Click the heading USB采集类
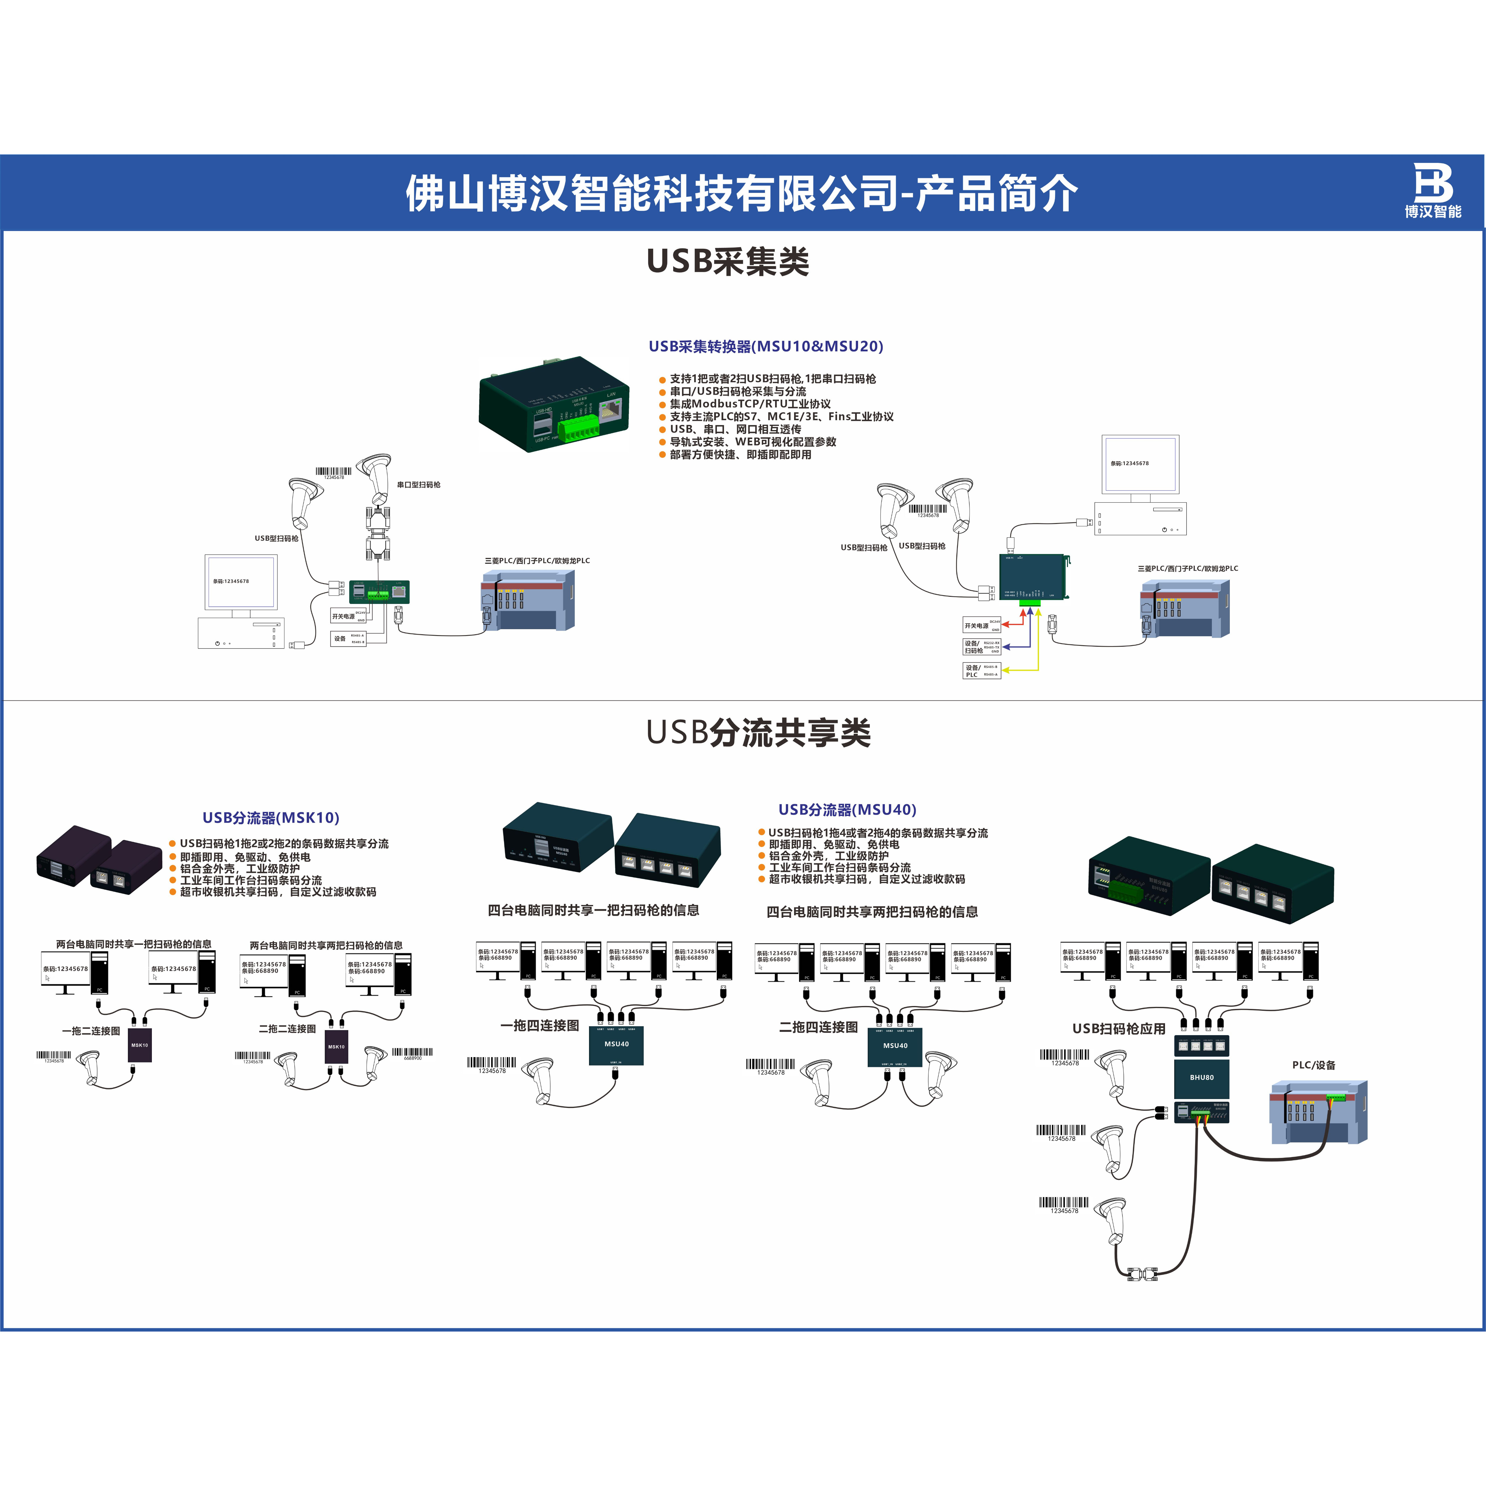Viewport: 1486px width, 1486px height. tap(728, 262)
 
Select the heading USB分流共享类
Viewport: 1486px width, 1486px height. tap(758, 733)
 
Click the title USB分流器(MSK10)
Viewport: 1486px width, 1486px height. tap(271, 818)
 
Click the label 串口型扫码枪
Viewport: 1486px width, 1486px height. tap(418, 484)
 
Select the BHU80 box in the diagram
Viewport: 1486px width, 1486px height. tap(1201, 1078)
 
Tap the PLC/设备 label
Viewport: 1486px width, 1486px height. tap(1314, 1065)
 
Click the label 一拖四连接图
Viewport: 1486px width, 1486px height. tap(539, 1025)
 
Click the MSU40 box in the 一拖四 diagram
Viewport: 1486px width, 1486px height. tap(616, 1044)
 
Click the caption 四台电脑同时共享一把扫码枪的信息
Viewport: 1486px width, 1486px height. tap(593, 910)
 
